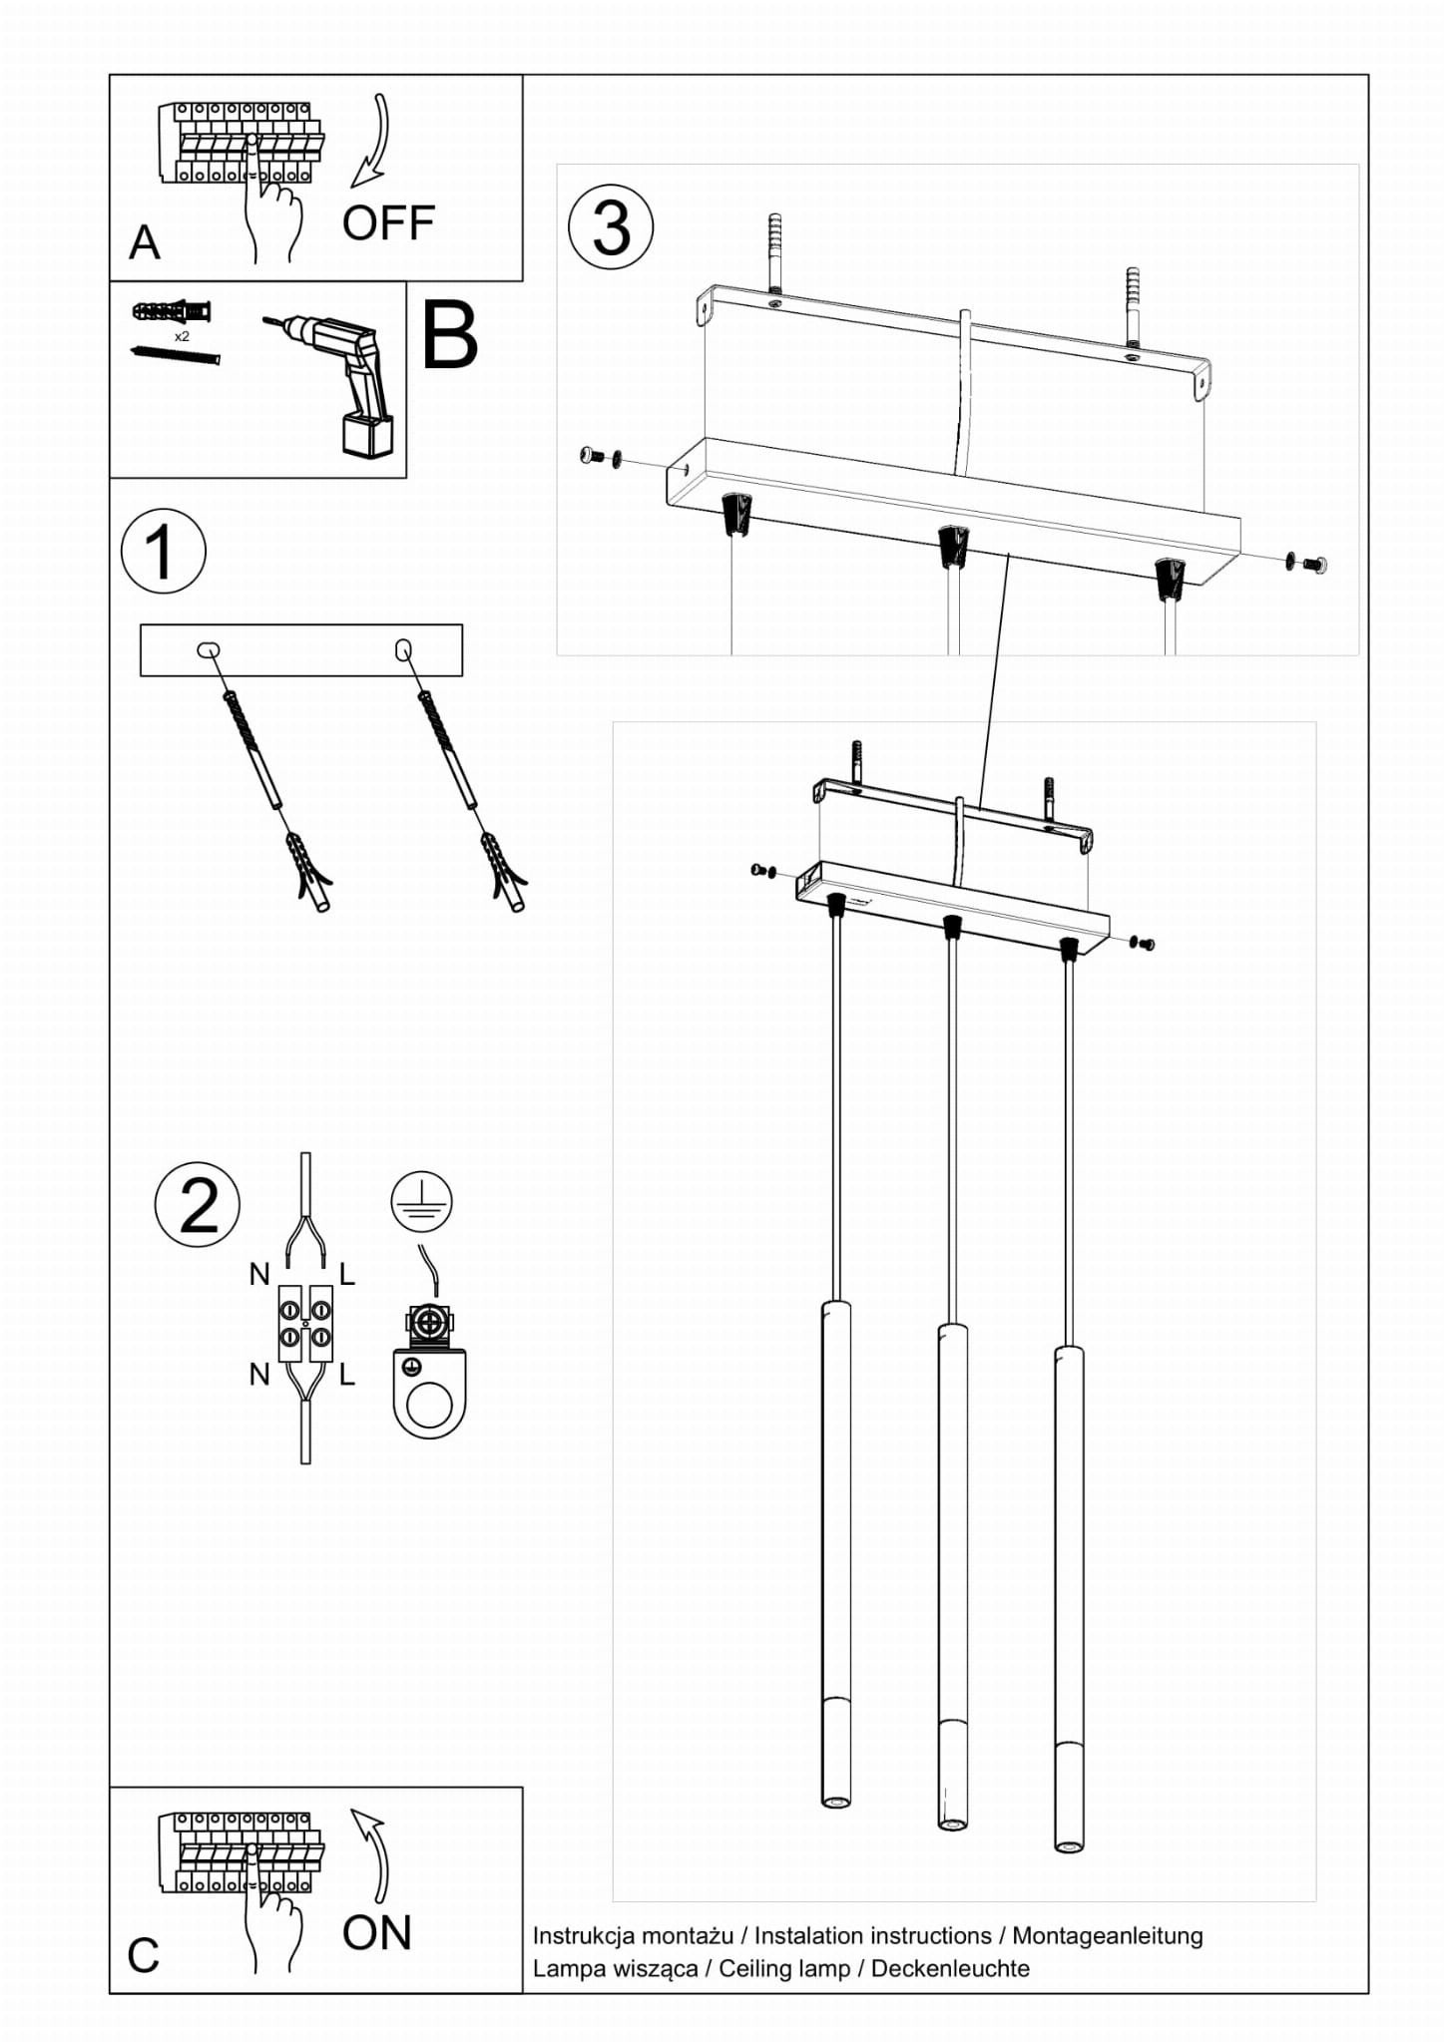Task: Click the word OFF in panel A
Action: click(388, 222)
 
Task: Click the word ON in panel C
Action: click(376, 1933)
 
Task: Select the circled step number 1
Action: click(163, 552)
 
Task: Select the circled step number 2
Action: click(198, 1205)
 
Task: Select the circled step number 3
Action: click(611, 227)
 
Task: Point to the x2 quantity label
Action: click(182, 337)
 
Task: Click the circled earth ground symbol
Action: click(421, 1201)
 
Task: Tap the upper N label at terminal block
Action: click(259, 1274)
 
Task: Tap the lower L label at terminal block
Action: click(346, 1375)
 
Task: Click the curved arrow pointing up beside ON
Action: click(372, 1855)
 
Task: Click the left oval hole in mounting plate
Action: click(209, 650)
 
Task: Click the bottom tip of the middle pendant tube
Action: click(952, 1825)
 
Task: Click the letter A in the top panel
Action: click(145, 242)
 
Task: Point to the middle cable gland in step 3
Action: click(953, 546)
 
